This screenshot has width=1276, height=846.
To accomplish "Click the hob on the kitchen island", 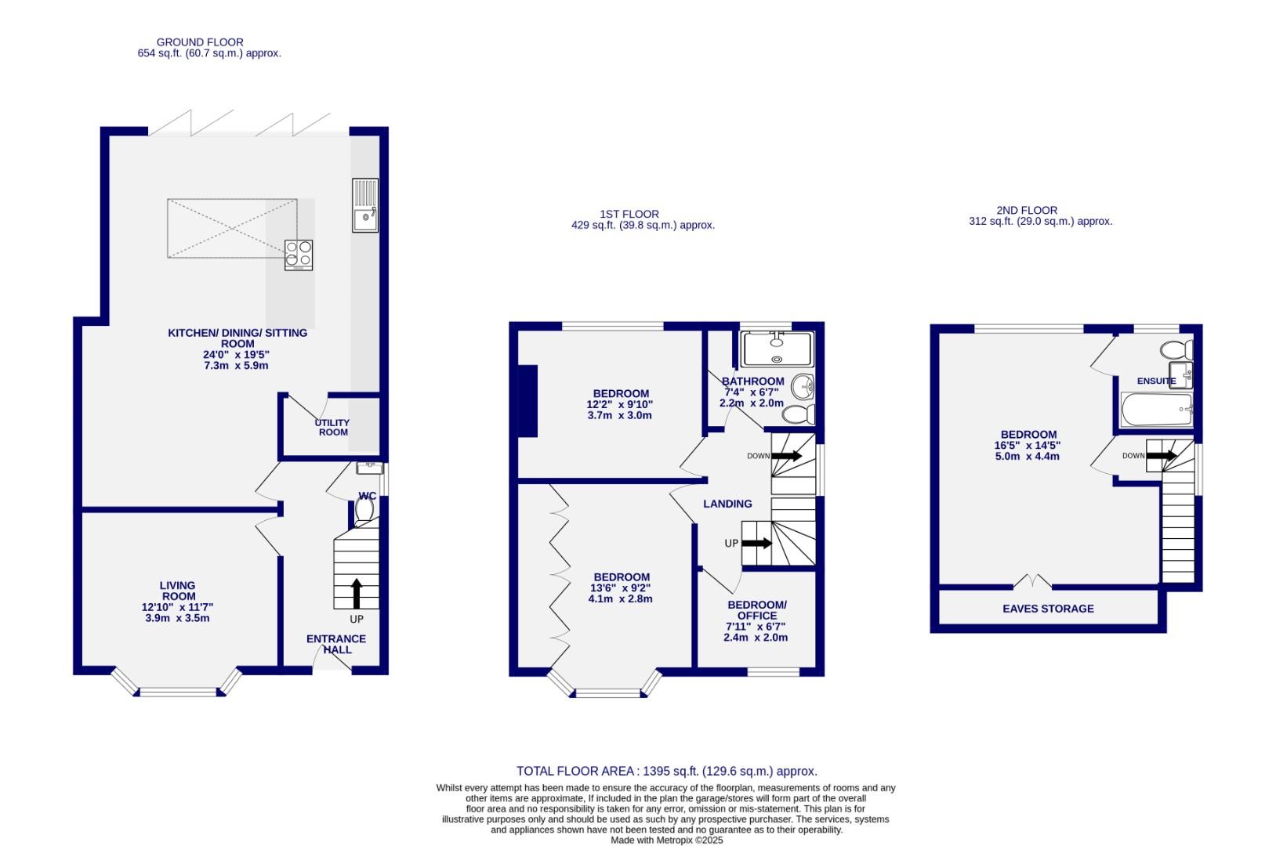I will point(299,255).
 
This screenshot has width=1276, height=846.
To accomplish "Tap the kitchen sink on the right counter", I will point(364,205).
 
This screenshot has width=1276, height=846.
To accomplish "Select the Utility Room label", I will point(332,427).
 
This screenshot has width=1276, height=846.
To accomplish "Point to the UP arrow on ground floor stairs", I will point(357,593).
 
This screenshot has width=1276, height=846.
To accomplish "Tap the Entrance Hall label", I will point(336,644).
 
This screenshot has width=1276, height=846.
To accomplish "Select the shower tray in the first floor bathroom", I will point(777,349).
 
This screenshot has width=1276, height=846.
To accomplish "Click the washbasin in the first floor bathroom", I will point(803,386).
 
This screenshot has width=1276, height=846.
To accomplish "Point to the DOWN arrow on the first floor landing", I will point(786,455).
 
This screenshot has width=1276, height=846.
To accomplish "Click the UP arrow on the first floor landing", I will point(757,543).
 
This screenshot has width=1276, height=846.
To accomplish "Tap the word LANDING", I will point(727,504).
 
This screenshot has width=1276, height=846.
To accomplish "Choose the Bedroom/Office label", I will point(756,610).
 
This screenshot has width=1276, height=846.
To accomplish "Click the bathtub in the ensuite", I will point(1156,410).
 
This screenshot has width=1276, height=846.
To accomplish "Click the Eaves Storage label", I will point(1048,609).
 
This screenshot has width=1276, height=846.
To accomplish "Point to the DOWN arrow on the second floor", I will point(1162,455).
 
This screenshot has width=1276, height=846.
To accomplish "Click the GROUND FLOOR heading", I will point(200,42).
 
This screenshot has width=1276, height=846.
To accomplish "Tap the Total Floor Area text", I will point(666,772).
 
